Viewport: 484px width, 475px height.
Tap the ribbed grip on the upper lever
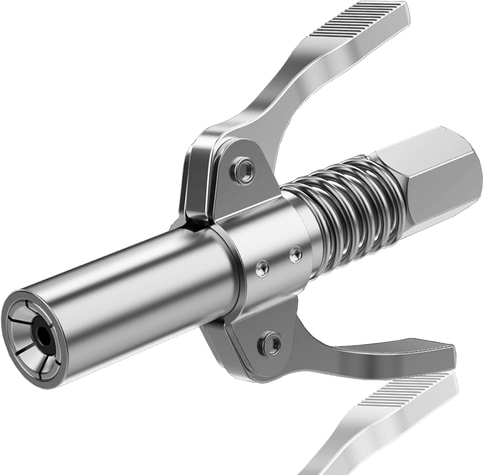[x=355, y=24]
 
